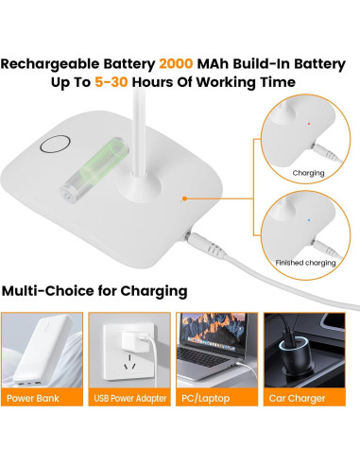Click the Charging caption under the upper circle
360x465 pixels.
308,174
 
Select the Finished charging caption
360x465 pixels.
307,262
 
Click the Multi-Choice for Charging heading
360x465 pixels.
94,289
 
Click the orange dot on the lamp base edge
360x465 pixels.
185,198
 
